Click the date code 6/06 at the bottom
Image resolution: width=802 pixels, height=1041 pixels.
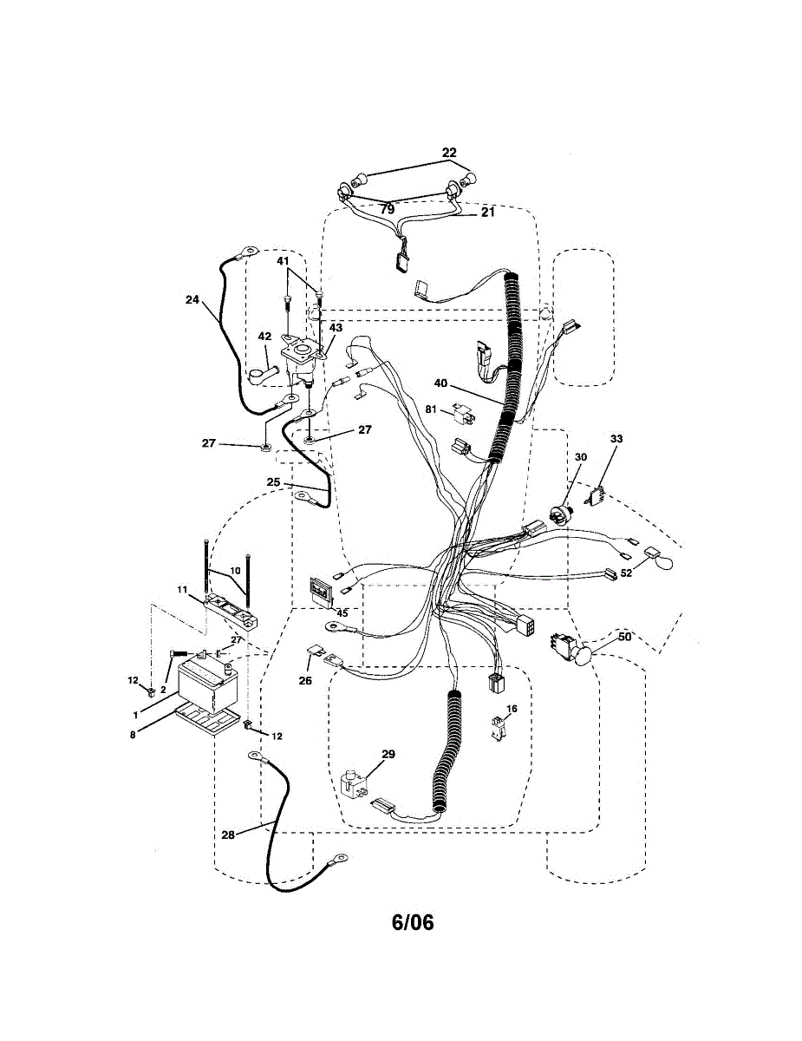point(413,922)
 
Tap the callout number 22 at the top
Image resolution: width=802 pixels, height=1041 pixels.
point(449,153)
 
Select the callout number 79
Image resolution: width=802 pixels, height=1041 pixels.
point(387,209)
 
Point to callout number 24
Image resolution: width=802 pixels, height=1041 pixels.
point(192,300)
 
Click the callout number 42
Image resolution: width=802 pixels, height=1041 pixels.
point(265,337)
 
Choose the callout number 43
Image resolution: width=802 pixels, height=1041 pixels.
point(335,328)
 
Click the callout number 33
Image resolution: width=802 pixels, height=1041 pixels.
point(616,440)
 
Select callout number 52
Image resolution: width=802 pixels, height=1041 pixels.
point(626,572)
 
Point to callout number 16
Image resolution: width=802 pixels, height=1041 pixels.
point(512,709)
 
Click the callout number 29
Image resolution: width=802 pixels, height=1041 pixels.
point(388,755)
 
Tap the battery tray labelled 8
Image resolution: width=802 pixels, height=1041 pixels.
point(208,718)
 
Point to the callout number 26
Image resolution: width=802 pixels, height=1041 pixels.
point(305,681)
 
